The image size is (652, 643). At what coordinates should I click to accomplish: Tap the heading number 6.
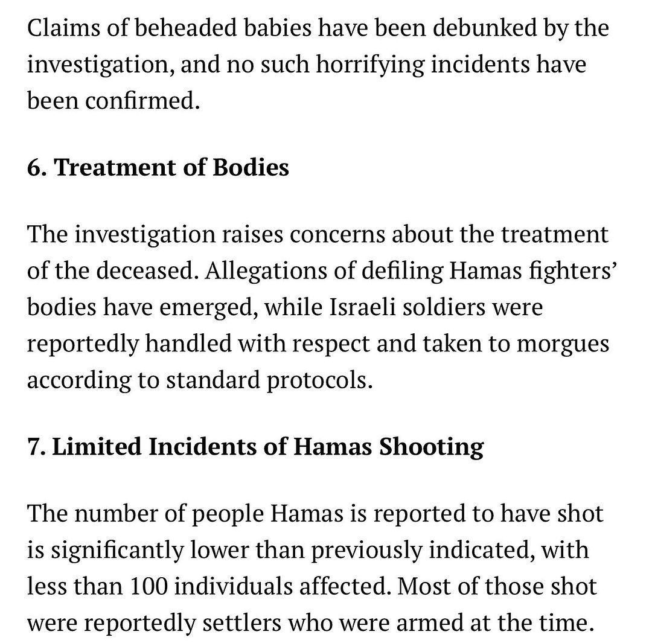click(x=36, y=167)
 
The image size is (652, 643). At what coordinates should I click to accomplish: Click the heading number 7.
click(x=36, y=446)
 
